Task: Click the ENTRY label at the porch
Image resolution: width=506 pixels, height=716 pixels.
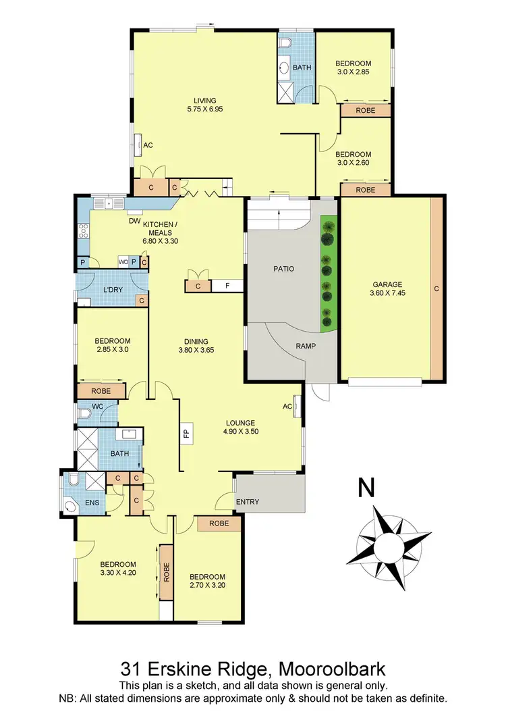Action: (x=247, y=502)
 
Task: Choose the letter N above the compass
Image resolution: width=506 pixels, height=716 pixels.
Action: (x=366, y=488)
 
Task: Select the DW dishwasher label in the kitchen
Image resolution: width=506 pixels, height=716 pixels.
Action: (x=134, y=220)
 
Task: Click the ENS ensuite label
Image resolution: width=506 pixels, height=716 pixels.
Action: (x=92, y=503)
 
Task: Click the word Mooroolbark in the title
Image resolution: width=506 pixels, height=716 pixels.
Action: (x=329, y=669)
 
